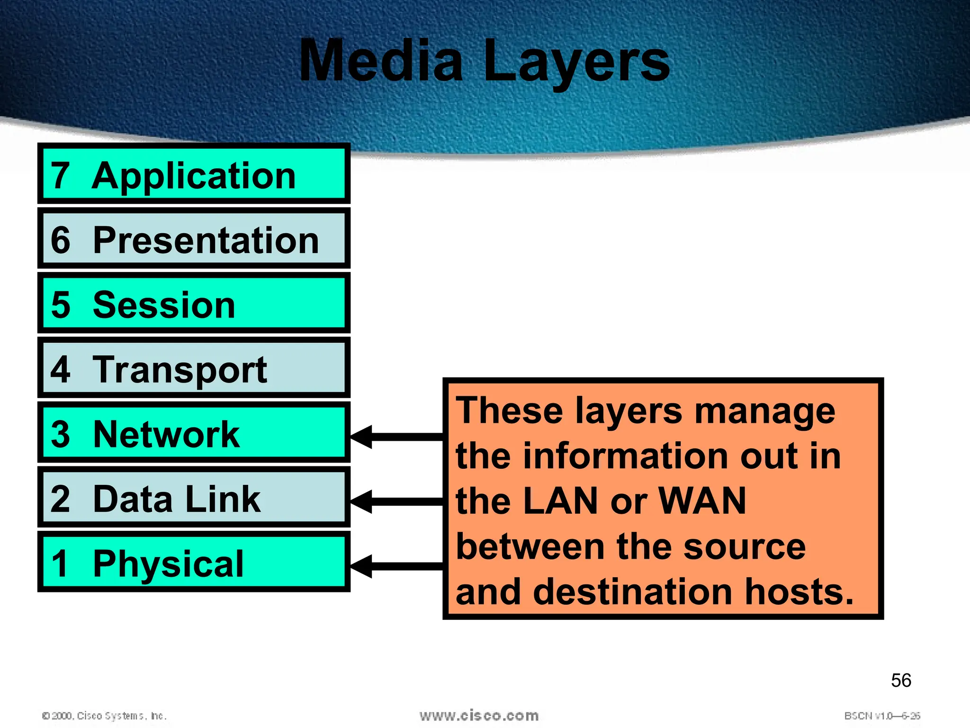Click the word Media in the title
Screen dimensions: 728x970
coord(381,62)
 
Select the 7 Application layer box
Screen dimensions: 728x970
coord(194,174)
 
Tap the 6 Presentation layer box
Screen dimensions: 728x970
coord(194,239)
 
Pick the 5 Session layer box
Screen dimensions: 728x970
coord(194,304)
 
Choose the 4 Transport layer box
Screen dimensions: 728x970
coord(194,368)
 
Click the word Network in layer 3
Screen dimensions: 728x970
coord(166,434)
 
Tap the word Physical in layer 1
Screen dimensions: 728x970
coord(168,564)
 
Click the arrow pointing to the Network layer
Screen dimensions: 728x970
coord(396,437)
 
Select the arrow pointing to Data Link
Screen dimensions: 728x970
coord(396,501)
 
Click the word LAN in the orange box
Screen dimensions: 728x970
coord(561,501)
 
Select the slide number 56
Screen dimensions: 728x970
coord(901,681)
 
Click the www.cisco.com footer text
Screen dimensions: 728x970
coord(479,716)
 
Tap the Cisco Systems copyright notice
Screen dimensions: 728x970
coord(104,716)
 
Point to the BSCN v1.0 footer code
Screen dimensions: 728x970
coord(882,716)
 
